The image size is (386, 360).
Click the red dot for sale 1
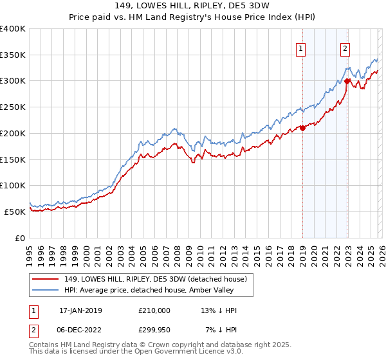[x=302, y=128]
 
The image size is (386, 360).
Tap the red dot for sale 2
[x=347, y=81]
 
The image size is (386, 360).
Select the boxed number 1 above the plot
[x=300, y=47]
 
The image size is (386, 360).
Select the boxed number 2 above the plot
[x=345, y=47]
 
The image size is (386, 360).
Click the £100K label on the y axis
[x=13, y=185]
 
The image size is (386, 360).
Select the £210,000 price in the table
[x=154, y=310]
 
